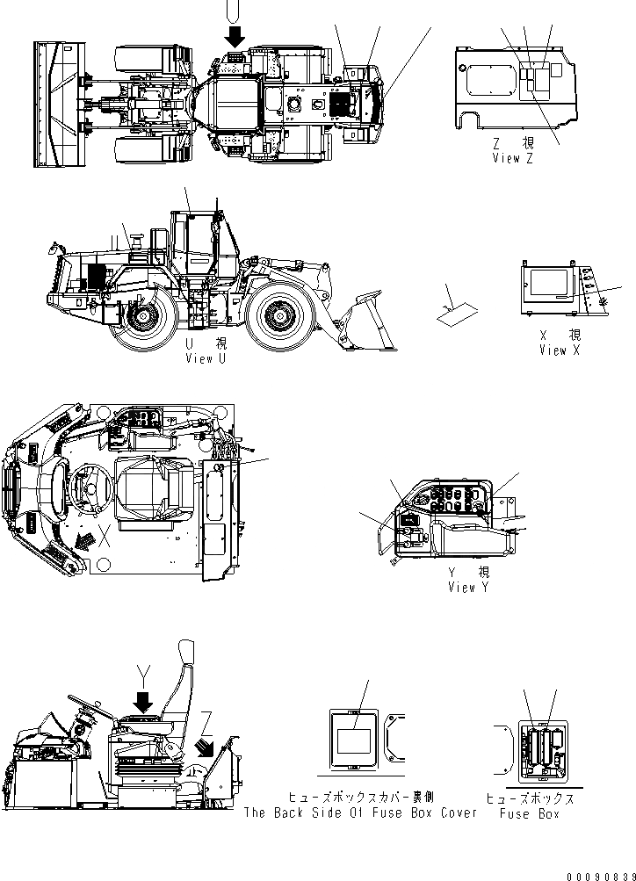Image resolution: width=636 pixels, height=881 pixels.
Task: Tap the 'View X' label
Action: pos(560,350)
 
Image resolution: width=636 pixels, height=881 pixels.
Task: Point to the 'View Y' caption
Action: pos(467,587)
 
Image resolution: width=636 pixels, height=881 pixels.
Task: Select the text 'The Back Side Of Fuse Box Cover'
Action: pos(359,812)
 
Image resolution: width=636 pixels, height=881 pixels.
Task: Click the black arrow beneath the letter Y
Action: pos(144,700)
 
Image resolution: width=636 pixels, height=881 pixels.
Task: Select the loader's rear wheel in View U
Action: pos(139,317)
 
